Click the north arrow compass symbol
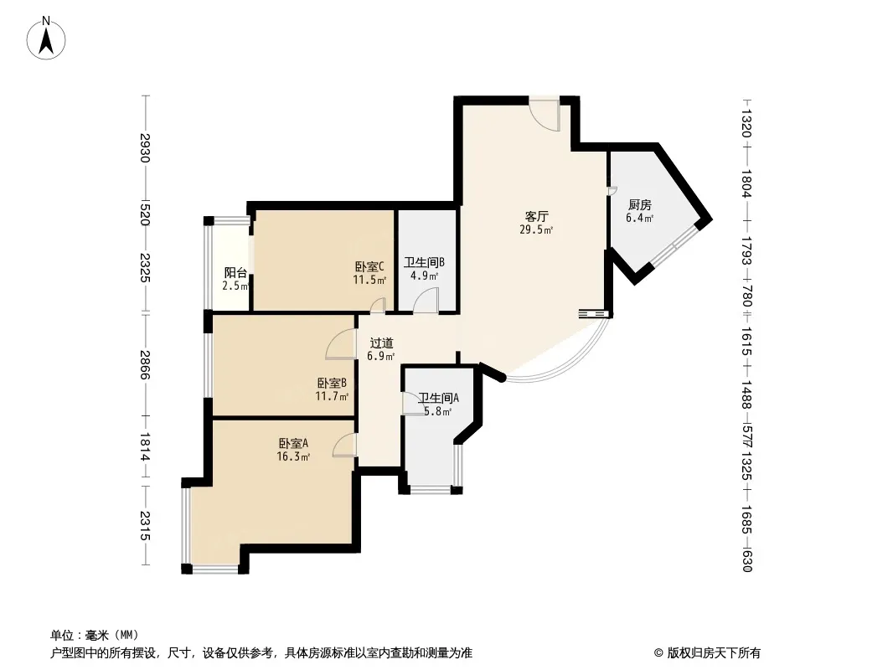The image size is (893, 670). [x=46, y=39]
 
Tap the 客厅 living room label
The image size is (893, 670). [x=536, y=216]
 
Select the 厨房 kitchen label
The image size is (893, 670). [x=639, y=204]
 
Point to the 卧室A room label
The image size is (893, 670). [x=293, y=443]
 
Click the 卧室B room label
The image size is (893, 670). [x=332, y=383]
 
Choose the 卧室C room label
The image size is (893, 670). [x=369, y=266]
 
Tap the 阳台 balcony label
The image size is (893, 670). [x=235, y=273]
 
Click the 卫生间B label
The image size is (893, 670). [x=424, y=262]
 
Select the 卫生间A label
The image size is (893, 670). [x=438, y=398]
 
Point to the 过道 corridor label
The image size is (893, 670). [x=381, y=343]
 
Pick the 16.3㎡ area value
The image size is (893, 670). [x=293, y=456]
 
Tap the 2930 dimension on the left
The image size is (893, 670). [x=145, y=147]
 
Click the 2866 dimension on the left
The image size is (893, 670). [x=145, y=365]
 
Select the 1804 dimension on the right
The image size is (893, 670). [x=747, y=183]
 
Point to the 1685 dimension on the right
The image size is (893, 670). [x=747, y=520]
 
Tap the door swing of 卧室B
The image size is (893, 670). [x=341, y=344]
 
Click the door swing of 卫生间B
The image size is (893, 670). [x=426, y=300]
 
